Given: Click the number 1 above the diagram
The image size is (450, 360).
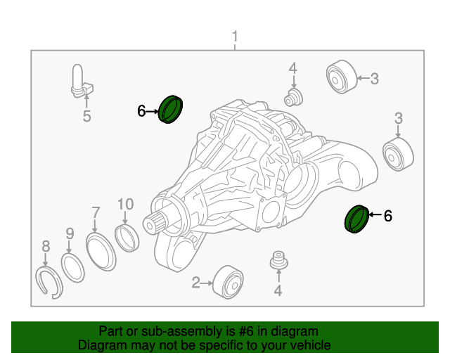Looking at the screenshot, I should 235,37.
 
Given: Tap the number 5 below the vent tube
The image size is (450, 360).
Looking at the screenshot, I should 86,117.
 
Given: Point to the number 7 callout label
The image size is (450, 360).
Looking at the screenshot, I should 96,212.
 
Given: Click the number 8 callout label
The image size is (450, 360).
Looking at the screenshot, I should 46,246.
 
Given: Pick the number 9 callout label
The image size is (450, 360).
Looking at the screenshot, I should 70,233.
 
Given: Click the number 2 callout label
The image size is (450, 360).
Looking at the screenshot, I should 195,283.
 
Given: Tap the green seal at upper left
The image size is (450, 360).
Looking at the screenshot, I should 170,108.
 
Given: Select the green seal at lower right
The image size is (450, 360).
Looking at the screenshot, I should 356,218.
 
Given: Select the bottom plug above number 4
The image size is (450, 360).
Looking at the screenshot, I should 279,261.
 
